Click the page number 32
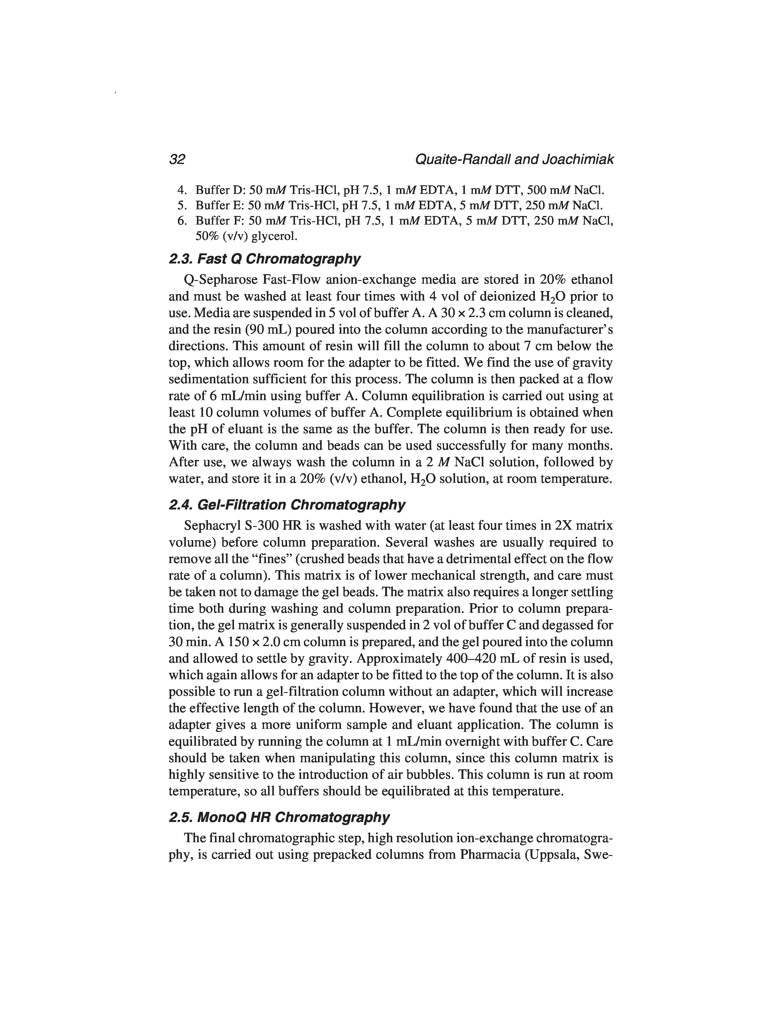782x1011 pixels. point(177,159)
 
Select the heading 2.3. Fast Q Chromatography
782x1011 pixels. point(265,259)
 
